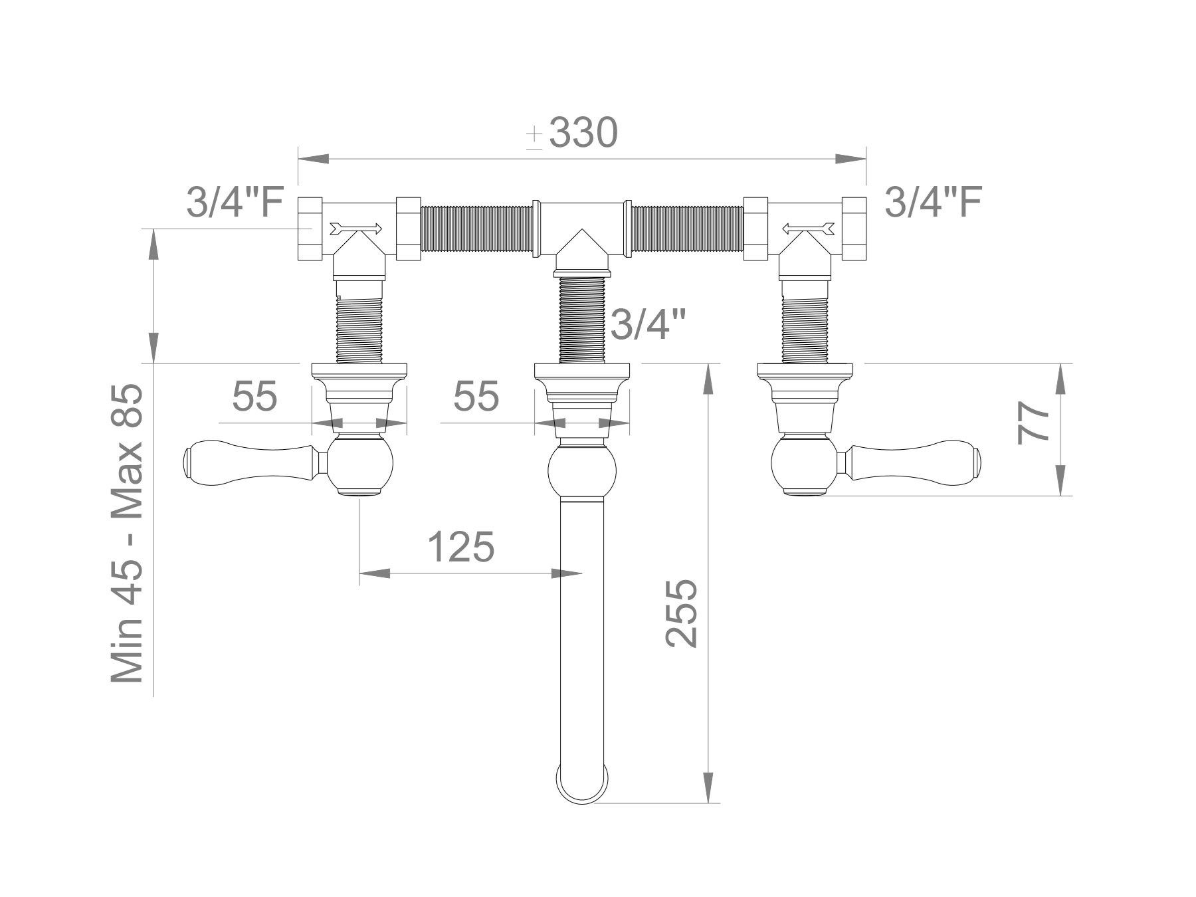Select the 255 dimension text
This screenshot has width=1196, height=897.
tap(682, 613)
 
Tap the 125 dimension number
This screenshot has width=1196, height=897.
tap(460, 547)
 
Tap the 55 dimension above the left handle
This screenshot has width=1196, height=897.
tap(254, 397)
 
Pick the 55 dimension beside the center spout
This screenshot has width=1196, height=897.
tap(476, 397)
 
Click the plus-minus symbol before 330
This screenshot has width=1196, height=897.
tap(535, 137)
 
